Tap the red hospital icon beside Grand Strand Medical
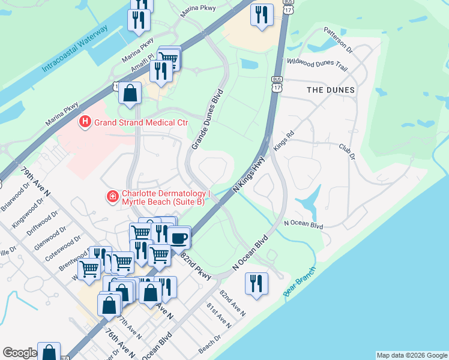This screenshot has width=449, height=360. pyautogui.click(x=85, y=122)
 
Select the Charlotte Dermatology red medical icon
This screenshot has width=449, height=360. pyautogui.click(x=112, y=196)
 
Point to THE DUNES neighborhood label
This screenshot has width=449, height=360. pyautogui.click(x=331, y=90)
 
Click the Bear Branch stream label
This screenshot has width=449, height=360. pyautogui.click(x=300, y=279)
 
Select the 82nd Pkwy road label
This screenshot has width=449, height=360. pyautogui.click(x=196, y=266)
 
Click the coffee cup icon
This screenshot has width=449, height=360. pyautogui.click(x=179, y=238)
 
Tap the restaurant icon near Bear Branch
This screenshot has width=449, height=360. pyautogui.click(x=256, y=284)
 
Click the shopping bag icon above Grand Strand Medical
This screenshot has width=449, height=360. pyautogui.click(x=130, y=94)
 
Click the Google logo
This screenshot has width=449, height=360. pyautogui.click(x=20, y=353)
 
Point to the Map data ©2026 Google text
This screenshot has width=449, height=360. pyautogui.click(x=412, y=355)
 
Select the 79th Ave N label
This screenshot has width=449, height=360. pyautogui.click(x=35, y=171)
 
